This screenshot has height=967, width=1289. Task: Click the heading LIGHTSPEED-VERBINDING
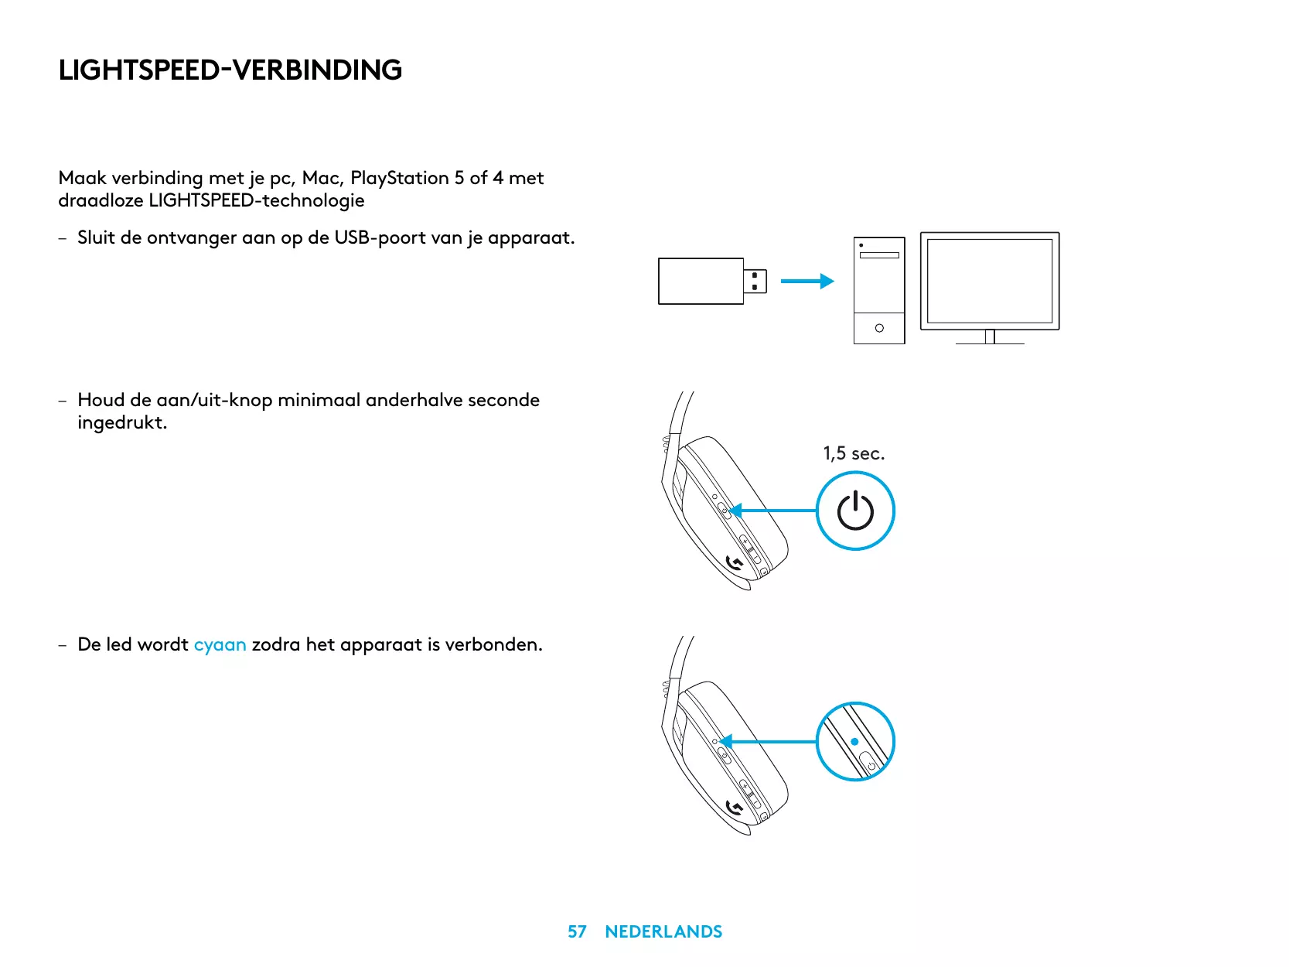pos(230,70)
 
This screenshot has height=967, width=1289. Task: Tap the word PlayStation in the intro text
pos(399,178)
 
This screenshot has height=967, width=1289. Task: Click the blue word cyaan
pos(220,644)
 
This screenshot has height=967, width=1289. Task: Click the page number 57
pos(577,931)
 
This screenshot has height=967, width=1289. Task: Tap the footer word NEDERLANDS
pos(663,931)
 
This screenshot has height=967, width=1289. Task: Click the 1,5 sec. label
pos(854,453)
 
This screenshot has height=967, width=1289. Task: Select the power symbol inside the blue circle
pos(855,511)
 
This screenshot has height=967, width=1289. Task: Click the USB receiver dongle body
pos(701,281)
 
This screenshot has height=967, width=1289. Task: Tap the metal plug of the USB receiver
pos(755,281)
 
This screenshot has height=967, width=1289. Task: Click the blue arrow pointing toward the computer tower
pos(806,281)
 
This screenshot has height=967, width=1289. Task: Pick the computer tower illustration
pos(879,290)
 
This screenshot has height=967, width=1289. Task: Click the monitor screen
pos(990,281)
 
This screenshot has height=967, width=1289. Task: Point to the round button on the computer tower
pos(879,328)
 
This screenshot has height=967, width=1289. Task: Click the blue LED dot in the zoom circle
pos(854,741)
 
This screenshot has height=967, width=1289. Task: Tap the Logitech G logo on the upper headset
pos(735,563)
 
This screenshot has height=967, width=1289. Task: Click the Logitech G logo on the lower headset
pos(735,808)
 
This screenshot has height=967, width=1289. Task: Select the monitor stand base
pos(990,342)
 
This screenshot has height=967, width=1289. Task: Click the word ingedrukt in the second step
pos(122,423)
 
